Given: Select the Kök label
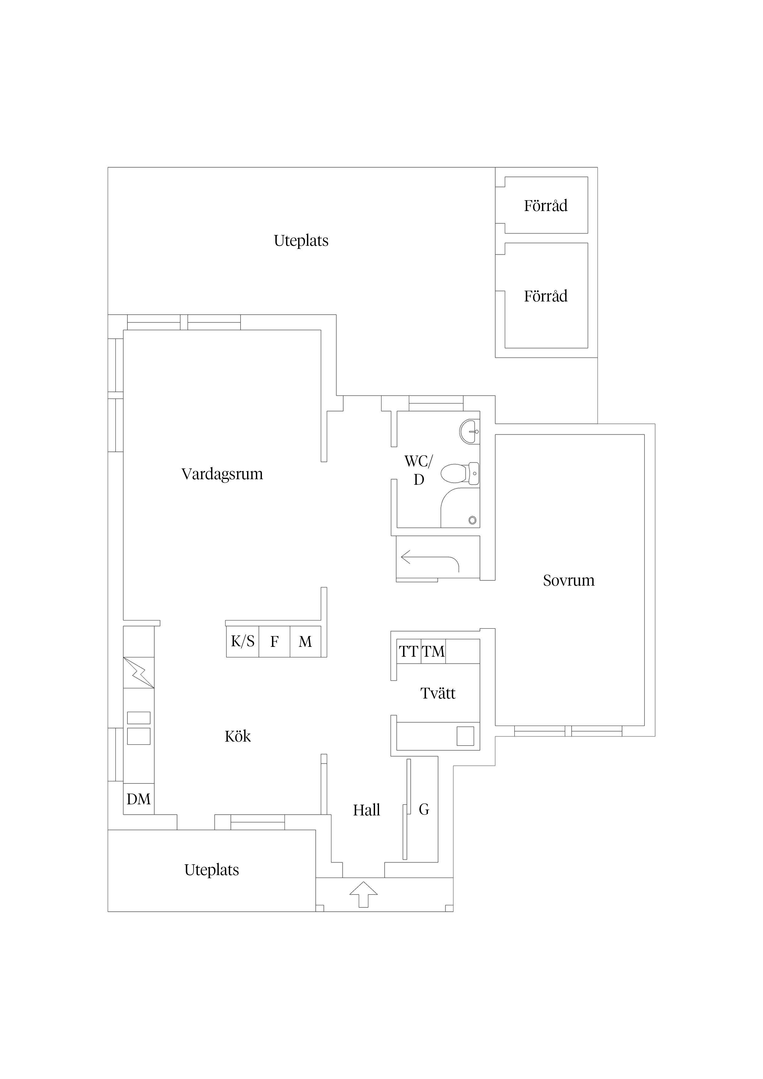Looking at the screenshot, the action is coord(238,736).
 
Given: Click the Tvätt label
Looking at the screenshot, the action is coord(438,693).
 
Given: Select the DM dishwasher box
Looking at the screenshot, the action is coord(139,799).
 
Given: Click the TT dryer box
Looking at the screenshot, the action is coord(409,651).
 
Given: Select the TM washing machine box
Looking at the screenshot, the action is coord(433,651).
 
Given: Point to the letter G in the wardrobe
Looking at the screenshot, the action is coord(424,809).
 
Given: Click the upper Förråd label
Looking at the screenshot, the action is coord(546,205).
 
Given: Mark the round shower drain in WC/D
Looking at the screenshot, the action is coord(473,520).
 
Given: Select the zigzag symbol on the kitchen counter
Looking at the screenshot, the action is coord(139,672).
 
